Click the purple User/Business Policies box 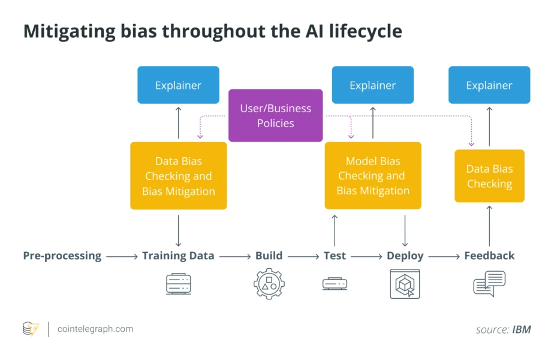[x=275, y=115]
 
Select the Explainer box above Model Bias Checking [x=372, y=85]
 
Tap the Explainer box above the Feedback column [x=489, y=85]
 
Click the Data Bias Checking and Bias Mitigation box [x=178, y=176]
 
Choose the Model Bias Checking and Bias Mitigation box [x=372, y=176]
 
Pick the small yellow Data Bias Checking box [x=489, y=176]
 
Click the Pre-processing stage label [x=62, y=256]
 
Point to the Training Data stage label [x=178, y=256]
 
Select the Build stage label [x=269, y=256]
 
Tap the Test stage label [x=335, y=256]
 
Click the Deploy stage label [x=405, y=256]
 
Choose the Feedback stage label [x=489, y=256]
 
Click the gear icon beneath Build [x=269, y=284]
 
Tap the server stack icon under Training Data [x=178, y=284]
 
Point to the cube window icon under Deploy [x=405, y=284]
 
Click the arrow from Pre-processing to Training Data [x=122, y=257]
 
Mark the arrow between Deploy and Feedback [x=444, y=257]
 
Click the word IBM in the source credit [x=521, y=329]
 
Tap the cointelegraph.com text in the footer [x=95, y=329]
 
